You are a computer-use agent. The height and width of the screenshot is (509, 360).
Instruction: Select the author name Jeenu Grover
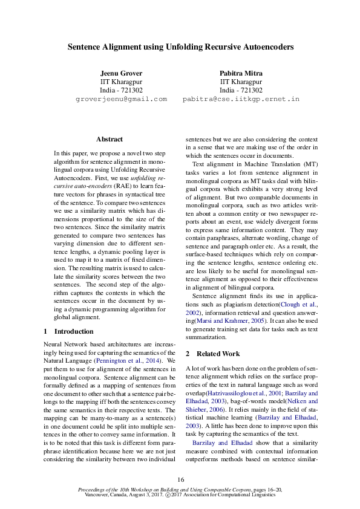click(121, 73)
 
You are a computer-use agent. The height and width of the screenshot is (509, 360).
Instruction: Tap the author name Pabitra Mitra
click(241, 73)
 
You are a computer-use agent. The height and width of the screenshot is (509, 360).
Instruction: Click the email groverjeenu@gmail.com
click(121, 99)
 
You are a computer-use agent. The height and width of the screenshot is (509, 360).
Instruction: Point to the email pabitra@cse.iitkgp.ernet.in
click(241, 99)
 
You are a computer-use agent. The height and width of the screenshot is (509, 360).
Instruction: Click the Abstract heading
click(110, 139)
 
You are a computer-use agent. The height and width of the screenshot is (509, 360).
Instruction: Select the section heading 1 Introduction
click(69, 331)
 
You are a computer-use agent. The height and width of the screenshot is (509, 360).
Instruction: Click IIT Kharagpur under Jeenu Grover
click(121, 82)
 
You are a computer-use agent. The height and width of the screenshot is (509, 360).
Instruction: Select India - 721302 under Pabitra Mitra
click(241, 90)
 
